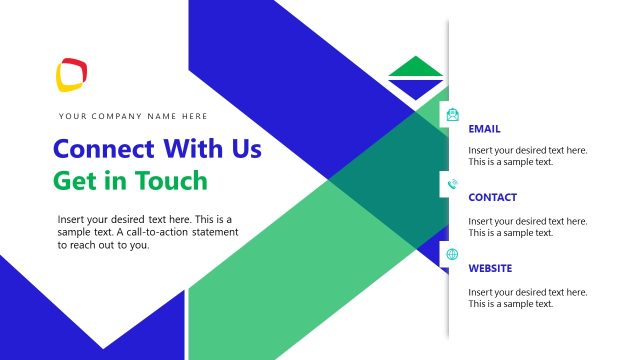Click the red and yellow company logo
point(73,73)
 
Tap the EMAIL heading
point(484,129)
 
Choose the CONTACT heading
point(492,198)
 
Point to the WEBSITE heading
point(490,268)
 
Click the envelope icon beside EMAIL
point(453,114)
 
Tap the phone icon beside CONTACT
point(453,184)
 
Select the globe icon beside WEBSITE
point(453,254)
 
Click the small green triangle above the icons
point(415,69)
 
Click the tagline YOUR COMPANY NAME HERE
point(134,116)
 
